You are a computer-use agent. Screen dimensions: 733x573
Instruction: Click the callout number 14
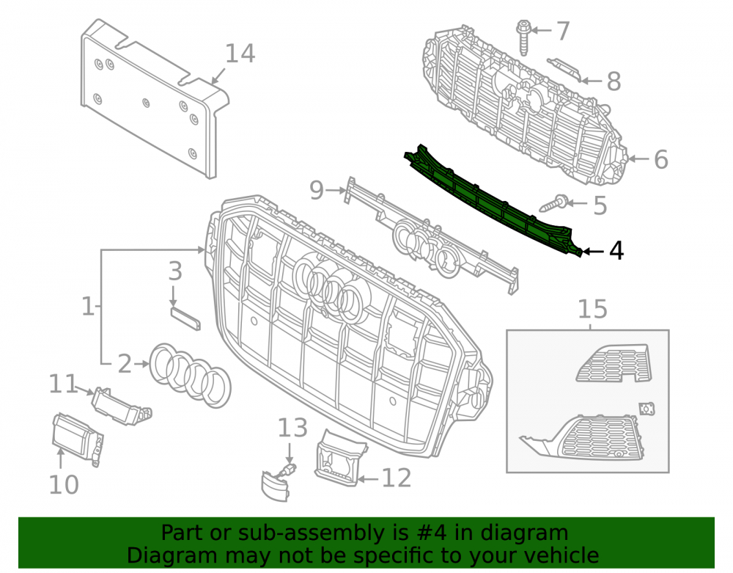[240, 54]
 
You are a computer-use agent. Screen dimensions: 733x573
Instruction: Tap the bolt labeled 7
[523, 37]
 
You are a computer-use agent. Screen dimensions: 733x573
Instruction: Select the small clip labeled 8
[564, 69]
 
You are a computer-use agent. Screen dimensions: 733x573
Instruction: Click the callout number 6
[660, 159]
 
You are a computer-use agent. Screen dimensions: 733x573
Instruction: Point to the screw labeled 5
[554, 204]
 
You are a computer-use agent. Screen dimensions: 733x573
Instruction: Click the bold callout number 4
[616, 251]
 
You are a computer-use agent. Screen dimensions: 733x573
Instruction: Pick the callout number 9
[317, 190]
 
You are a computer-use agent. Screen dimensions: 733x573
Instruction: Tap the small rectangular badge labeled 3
[185, 318]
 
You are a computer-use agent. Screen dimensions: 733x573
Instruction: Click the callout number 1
[88, 307]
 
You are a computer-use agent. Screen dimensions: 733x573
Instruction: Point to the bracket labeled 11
[121, 406]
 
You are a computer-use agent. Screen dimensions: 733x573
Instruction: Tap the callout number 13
[292, 428]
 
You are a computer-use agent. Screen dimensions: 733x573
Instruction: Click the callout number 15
[593, 309]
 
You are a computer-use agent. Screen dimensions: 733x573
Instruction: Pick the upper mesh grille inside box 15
[613, 363]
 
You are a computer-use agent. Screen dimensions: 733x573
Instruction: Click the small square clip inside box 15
[647, 409]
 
